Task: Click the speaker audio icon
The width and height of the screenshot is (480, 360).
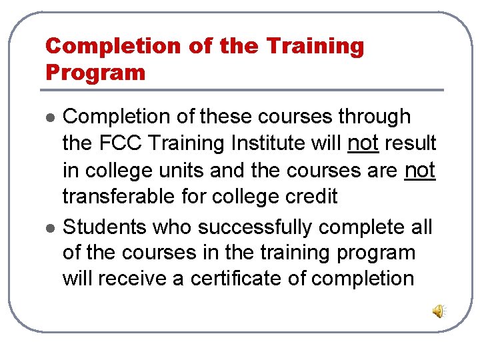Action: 439,311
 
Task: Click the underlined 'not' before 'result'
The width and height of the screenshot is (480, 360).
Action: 363,143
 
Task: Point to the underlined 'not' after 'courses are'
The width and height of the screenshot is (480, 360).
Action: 420,170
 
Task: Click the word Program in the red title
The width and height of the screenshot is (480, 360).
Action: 95,72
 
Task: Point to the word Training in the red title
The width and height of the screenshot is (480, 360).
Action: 315,46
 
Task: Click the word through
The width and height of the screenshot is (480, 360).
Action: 374,116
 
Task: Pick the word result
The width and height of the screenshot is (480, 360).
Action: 410,143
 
